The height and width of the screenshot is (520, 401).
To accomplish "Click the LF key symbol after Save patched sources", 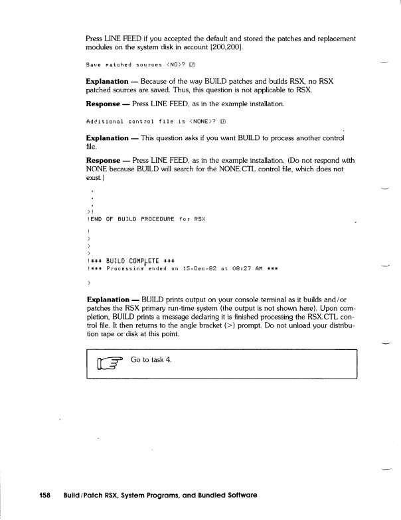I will pyautogui.click(x=191, y=65).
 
